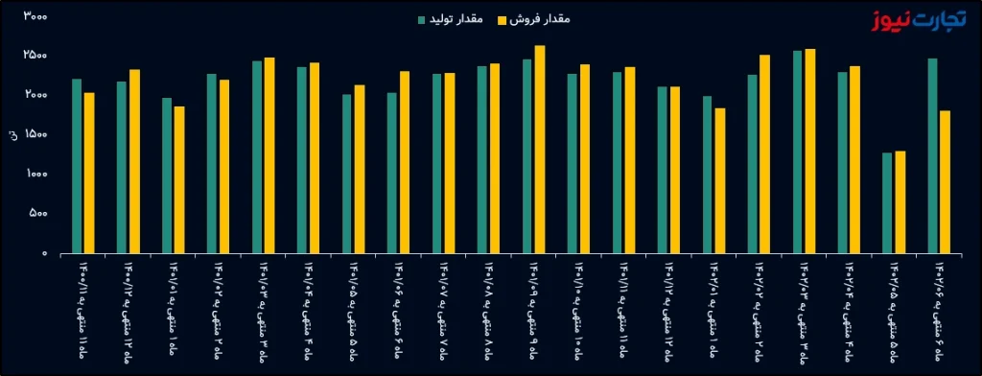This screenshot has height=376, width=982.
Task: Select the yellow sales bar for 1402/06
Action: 945,181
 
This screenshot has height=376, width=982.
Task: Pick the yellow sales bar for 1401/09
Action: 539,149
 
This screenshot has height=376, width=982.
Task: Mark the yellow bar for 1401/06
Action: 405,162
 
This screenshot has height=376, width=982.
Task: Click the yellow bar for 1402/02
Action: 764,153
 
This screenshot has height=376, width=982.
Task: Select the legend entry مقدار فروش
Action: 535,19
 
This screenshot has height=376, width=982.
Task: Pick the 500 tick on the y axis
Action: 36,214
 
